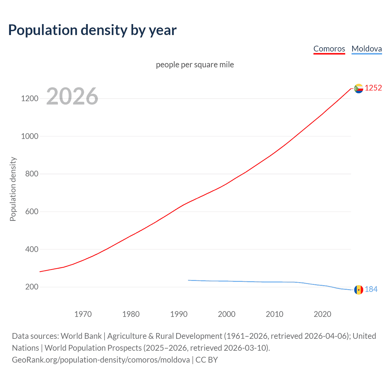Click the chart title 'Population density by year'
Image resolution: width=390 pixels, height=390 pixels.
[92, 30]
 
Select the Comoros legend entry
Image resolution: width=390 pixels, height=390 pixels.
[329, 49]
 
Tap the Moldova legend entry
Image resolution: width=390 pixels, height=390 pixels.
[367, 49]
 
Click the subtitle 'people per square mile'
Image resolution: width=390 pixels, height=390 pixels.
[195, 65]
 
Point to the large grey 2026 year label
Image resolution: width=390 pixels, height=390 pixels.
[72, 96]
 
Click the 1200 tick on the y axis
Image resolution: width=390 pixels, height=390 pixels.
[30, 98]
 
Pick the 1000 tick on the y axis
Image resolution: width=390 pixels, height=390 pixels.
[30, 136]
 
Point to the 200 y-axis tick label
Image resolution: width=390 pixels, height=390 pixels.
[32, 287]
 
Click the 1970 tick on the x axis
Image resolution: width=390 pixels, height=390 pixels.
[83, 314]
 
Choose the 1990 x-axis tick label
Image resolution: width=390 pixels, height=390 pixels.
[179, 314]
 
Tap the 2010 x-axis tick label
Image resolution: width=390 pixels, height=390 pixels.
[275, 314]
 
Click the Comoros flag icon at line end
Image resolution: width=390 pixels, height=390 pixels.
[359, 88]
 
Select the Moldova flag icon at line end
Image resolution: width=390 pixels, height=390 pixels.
[359, 290]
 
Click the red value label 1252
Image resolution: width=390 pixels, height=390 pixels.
[373, 88]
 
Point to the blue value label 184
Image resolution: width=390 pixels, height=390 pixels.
[371, 289]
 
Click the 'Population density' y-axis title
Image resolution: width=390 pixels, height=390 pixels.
[13, 189]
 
